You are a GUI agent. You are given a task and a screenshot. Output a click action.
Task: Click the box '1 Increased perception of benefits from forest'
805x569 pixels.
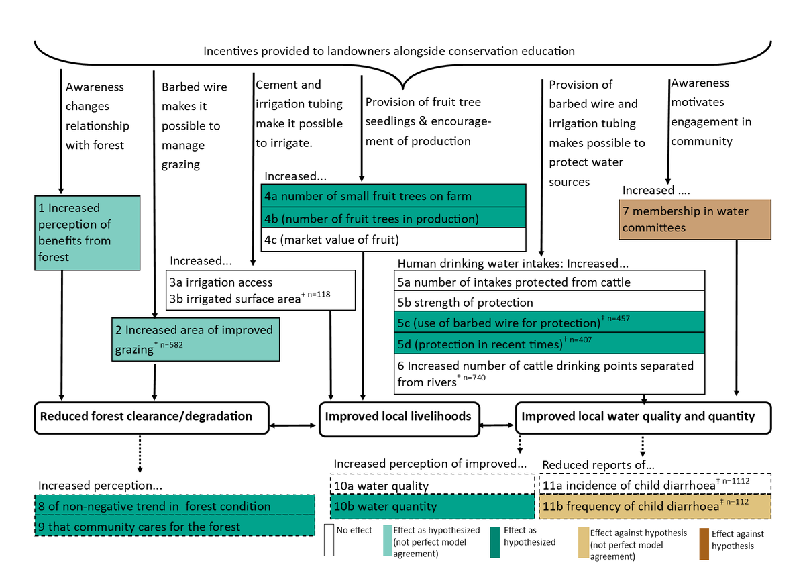87,232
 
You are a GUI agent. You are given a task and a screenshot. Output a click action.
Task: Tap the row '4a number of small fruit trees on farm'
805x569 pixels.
392,196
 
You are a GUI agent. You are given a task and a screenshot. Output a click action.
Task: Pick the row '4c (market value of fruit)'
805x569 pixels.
392,239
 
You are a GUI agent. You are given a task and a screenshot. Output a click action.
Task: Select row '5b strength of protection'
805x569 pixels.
550,302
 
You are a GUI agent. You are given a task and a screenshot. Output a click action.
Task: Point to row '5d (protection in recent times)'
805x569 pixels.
550,344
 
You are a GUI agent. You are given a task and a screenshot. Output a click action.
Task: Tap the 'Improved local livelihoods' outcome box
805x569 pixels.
398,417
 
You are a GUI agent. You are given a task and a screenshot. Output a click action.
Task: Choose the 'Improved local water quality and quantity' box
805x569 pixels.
643,417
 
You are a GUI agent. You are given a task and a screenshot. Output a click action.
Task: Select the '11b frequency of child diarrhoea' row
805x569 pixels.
655,505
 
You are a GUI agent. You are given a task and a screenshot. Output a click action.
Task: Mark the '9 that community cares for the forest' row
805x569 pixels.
174,527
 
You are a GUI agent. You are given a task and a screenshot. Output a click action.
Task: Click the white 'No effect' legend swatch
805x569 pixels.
329,541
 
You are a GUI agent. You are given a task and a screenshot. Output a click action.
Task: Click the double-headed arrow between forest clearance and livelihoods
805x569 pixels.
294,425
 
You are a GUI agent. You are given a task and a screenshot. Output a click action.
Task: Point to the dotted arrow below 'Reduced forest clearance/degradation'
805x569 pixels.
140,452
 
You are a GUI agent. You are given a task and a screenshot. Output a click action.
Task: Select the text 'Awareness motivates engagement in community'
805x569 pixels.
710,112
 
